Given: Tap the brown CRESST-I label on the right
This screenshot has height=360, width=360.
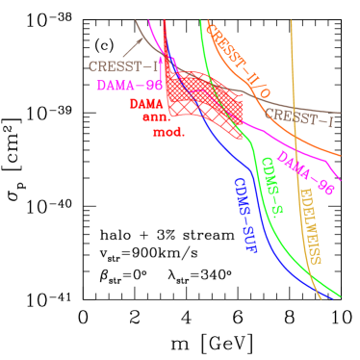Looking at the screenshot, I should coord(299,118).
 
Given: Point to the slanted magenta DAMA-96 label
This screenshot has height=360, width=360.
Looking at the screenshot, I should coord(305,173).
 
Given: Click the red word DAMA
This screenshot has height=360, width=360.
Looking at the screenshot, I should coord(146,103).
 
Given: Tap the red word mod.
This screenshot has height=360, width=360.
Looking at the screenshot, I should coord(168,132).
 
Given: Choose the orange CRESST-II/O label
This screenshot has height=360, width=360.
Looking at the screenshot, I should coord(238,63).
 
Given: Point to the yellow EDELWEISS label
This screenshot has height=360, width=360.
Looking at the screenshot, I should coord(310,226).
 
